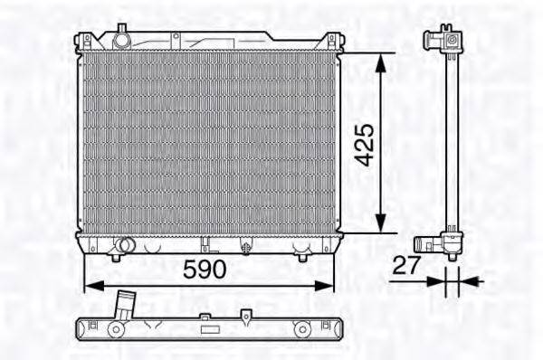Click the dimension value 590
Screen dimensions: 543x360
pos(205,270)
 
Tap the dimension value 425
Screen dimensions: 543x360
pos(365,146)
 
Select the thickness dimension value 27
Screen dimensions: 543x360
pos(406,266)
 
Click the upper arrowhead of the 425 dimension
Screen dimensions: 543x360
pos(381,63)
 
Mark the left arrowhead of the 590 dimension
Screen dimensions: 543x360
pos(94,286)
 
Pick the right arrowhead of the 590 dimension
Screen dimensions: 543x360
pos(323,286)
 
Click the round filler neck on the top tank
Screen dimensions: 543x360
pos(121,39)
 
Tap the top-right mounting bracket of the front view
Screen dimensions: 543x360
pos(332,41)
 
